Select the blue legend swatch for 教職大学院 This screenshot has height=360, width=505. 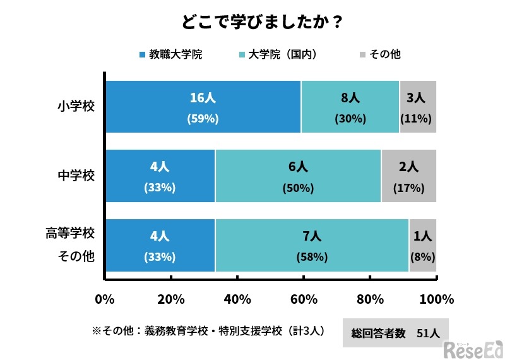(x=141, y=55)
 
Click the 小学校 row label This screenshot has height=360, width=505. (x=76, y=106)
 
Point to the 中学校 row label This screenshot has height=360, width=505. (x=76, y=176)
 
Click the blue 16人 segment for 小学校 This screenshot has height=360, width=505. (x=203, y=106)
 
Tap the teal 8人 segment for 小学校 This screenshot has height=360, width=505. (x=350, y=106)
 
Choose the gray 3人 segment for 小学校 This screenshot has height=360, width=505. (x=418, y=106)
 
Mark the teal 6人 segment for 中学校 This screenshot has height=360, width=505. (x=298, y=176)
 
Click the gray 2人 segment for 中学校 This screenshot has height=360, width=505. (x=409, y=176)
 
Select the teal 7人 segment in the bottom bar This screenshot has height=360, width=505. (x=312, y=245)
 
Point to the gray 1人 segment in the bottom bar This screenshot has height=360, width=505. (x=423, y=245)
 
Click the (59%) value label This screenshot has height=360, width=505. (x=203, y=118)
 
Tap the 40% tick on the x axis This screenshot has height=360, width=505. (x=237, y=299)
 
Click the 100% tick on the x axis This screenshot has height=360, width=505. (x=436, y=299)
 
